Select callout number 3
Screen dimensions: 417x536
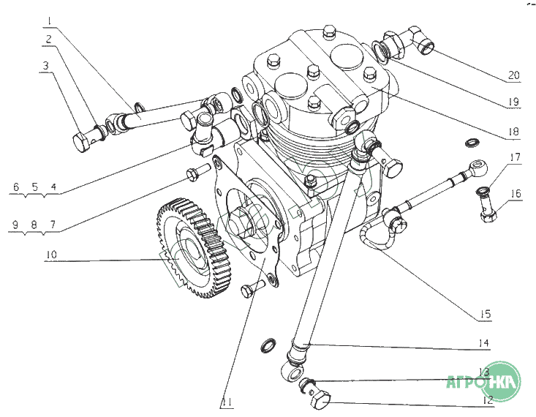pyautogui.click(x=46, y=67)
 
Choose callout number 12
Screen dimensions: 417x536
pyautogui.click(x=486, y=399)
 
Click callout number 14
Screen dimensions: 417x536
pyautogui.click(x=483, y=343)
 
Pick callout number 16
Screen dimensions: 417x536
pyautogui.click(x=516, y=194)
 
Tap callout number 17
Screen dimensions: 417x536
pyautogui.click(x=516, y=157)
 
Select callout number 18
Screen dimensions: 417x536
pyautogui.click(x=514, y=132)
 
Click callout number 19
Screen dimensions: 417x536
pyautogui.click(x=514, y=101)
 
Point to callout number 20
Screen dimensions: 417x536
pyautogui.click(x=515, y=75)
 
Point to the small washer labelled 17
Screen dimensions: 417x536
pyautogui.click(x=483, y=192)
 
